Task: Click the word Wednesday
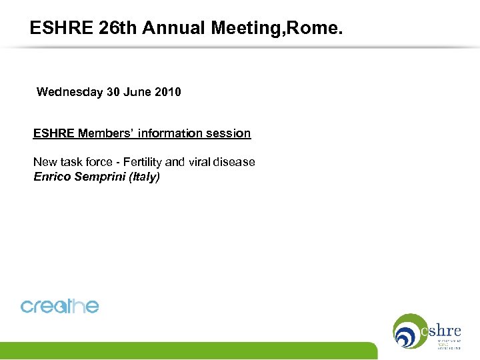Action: tap(70, 92)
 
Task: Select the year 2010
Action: tap(166, 92)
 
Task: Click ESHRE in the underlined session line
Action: tap(54, 133)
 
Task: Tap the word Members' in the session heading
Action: tap(106, 133)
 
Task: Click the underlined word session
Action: tap(228, 133)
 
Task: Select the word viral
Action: tap(200, 162)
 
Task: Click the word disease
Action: tap(235, 162)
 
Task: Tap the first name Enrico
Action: tap(52, 177)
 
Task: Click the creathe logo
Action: tap(60, 306)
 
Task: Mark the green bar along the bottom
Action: tap(187, 351)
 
